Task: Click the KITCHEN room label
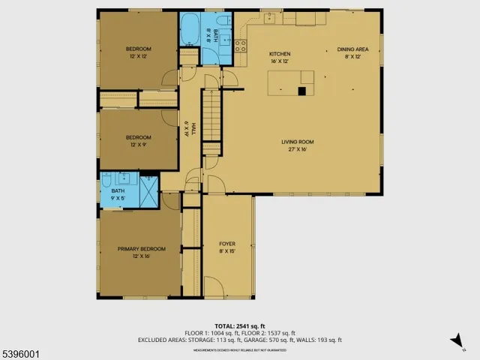tap(280, 54)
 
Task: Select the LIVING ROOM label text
tap(297, 142)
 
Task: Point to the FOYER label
tap(227, 244)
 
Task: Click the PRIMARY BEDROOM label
tap(141, 249)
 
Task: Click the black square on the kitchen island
tap(301, 91)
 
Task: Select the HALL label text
tap(193, 131)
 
